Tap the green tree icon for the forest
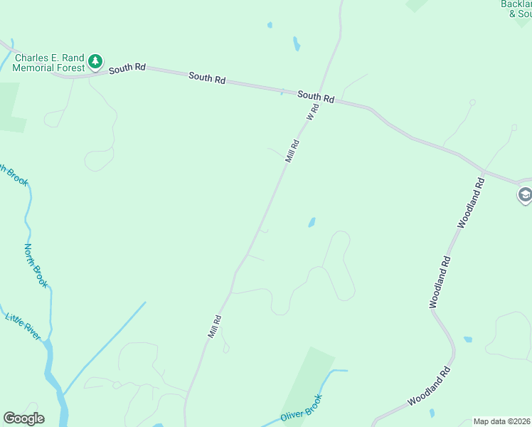(x=95, y=63)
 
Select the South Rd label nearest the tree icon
(x=128, y=68)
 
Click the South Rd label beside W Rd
(x=316, y=97)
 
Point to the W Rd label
(x=312, y=111)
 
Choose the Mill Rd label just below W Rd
(x=292, y=151)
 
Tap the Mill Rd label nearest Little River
(x=215, y=326)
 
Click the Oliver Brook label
(x=302, y=411)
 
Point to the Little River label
(x=23, y=326)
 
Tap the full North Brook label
(x=36, y=265)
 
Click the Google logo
(x=23, y=418)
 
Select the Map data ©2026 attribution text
(x=502, y=421)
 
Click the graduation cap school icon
(x=525, y=194)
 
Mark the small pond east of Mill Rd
(x=312, y=223)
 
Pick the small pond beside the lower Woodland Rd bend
(x=467, y=339)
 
